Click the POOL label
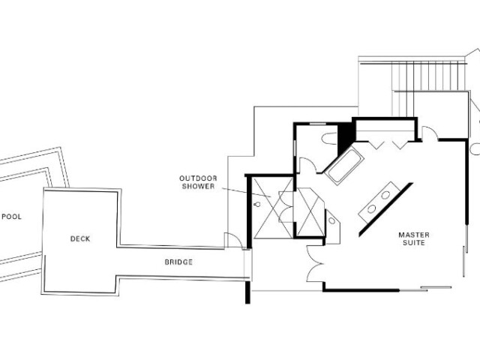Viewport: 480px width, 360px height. [12, 217]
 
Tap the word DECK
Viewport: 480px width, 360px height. [80, 238]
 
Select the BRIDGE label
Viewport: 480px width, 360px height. [178, 262]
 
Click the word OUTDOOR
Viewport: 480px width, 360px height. [198, 178]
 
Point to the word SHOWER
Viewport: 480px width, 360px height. [198, 186]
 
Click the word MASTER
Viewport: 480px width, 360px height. [414, 235]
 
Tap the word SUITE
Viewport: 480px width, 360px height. [414, 243]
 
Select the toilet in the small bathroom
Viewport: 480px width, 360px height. [330, 138]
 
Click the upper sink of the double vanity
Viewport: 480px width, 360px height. [385, 195]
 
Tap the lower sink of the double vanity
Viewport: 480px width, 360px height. [372, 208]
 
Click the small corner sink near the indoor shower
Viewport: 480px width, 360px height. [331, 220]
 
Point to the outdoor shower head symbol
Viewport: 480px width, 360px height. [257, 204]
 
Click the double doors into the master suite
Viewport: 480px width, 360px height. [315, 263]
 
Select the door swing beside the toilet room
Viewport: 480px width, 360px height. [307, 165]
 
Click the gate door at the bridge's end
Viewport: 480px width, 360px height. [233, 241]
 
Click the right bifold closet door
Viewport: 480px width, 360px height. [400, 145]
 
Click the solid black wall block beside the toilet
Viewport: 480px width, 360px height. [345, 138]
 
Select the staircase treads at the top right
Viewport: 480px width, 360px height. [428, 76]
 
